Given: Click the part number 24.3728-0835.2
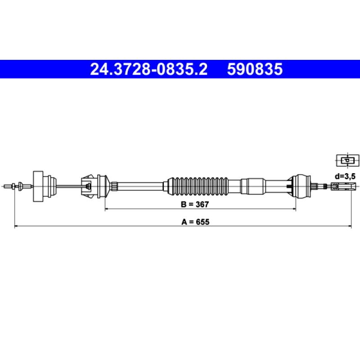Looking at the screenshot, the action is (149, 69).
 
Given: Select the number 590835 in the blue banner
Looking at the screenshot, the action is (255, 69).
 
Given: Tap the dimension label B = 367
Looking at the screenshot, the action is (195, 204).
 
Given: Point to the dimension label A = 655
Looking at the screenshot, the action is (195, 222).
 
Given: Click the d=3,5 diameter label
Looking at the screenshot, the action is (345, 176).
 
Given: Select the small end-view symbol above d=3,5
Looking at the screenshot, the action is (347, 160).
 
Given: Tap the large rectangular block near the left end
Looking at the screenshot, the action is (38, 186).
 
